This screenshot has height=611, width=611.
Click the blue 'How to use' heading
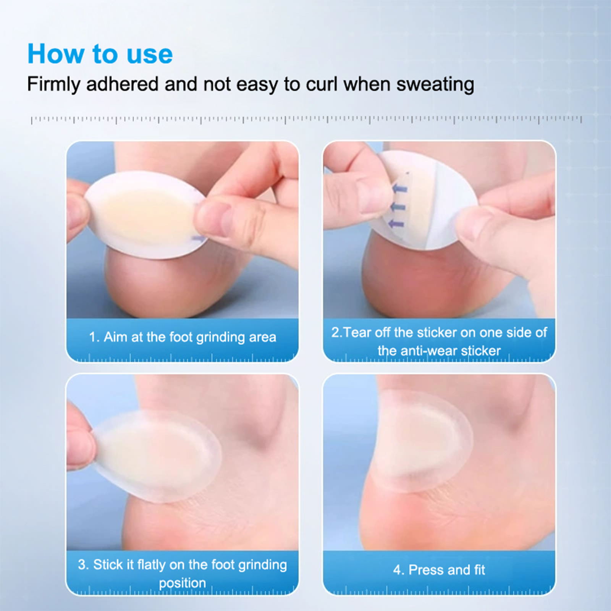point(100,54)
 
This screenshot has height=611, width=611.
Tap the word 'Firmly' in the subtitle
point(54,84)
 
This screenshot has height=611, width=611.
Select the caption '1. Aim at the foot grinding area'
point(183,337)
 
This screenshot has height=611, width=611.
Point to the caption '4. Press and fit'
point(439,570)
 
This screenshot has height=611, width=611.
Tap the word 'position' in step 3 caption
point(182,583)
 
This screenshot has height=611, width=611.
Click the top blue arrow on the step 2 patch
point(399,188)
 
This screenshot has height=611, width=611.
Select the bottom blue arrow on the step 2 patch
point(396,224)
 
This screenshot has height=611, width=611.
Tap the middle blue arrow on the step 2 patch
point(398,207)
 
